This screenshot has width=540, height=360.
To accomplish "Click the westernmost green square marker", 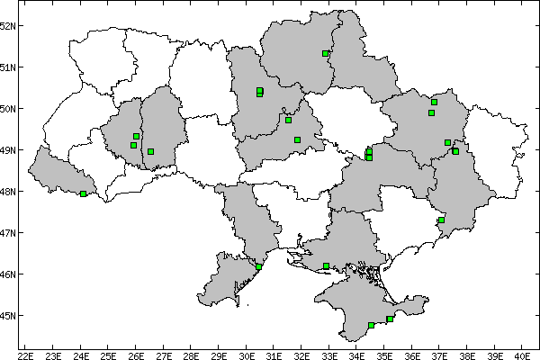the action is (84, 193).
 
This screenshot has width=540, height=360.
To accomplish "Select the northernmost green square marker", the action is (325, 54).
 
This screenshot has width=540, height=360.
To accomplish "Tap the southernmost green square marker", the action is (371, 325).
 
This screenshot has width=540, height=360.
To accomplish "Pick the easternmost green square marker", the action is (455, 151).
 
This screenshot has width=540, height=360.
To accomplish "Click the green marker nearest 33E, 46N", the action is (326, 265).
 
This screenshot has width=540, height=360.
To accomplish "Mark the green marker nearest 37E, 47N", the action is (441, 220).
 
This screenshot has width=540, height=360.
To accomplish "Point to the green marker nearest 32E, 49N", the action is (297, 139).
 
